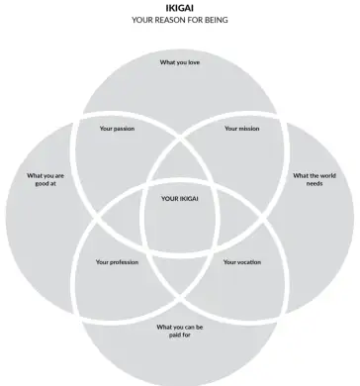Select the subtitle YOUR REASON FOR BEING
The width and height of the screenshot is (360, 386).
pyautogui.click(x=179, y=19)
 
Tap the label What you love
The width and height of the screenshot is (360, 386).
pyautogui.click(x=181, y=61)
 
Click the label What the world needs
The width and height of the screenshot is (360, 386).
pyautogui.click(x=314, y=179)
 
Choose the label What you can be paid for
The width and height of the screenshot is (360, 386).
pyautogui.click(x=179, y=330)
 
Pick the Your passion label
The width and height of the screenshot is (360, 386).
pyautogui.click(x=117, y=128)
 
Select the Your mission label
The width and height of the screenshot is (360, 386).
pyautogui.click(x=241, y=128)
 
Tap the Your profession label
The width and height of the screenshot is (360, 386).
pyautogui.click(x=117, y=262)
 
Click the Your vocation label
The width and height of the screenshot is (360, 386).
pyautogui.click(x=242, y=262)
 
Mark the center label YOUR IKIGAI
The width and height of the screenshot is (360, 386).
pyautogui.click(x=180, y=199)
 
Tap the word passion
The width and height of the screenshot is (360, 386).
pyautogui.click(x=124, y=128)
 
